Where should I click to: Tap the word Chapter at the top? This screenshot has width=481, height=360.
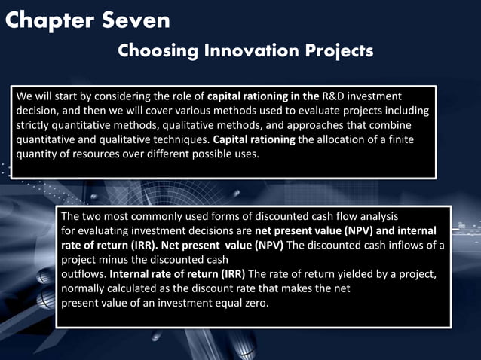tap(51, 20)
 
